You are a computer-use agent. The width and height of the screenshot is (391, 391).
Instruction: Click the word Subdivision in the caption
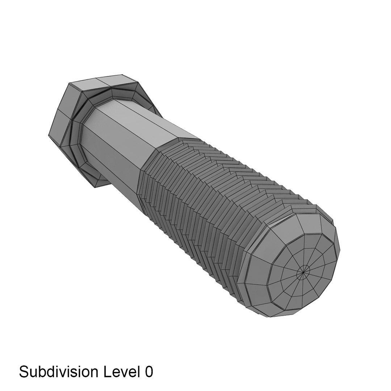59,372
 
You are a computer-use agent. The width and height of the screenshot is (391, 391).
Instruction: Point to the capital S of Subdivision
24,372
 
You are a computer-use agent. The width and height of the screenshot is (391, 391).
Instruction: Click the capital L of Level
107,372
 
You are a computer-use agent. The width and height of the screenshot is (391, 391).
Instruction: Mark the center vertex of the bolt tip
303,270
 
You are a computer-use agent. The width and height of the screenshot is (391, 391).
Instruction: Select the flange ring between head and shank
78,145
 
